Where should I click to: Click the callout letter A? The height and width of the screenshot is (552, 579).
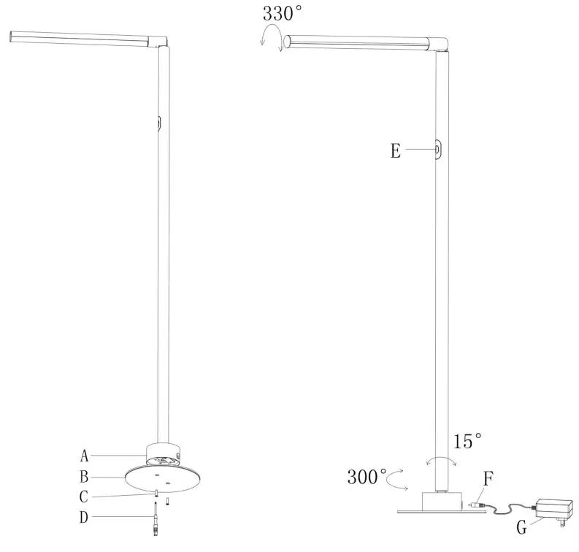click(x=85, y=456)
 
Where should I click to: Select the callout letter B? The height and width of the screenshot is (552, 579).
click(x=85, y=478)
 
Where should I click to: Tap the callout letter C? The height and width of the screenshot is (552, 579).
click(x=85, y=497)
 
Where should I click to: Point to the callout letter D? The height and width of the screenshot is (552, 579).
click(x=85, y=519)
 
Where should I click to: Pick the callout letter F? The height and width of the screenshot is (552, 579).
click(x=488, y=479)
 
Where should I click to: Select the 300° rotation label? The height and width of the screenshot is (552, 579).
click(x=367, y=478)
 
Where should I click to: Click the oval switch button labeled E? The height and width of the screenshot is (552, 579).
click(x=438, y=150)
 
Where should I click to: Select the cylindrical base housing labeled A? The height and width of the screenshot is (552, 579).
click(x=164, y=454)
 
